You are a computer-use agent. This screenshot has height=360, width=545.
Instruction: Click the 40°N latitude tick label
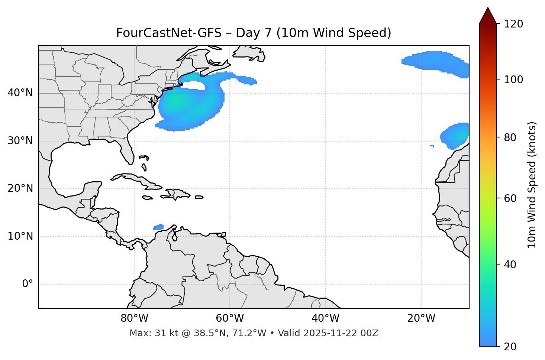[x=20, y=93]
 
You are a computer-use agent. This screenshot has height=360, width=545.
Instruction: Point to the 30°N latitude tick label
[x=20, y=141]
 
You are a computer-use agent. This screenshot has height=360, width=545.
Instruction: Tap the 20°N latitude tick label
[x=20, y=188]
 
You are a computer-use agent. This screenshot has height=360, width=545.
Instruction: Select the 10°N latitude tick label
[x=20, y=236]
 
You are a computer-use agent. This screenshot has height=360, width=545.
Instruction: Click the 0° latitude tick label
[x=28, y=284]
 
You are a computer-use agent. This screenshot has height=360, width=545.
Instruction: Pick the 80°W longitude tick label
[x=134, y=318]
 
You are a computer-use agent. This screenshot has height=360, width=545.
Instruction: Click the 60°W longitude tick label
[x=230, y=318]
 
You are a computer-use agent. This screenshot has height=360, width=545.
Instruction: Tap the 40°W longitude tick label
[x=325, y=318]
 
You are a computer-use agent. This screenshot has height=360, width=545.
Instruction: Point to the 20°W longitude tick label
[x=421, y=318]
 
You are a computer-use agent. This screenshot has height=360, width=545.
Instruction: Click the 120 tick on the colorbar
[x=513, y=24]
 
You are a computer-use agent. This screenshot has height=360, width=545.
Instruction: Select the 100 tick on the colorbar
[x=513, y=80]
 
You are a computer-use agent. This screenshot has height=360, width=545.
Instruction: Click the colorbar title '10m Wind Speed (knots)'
[x=532, y=185]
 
